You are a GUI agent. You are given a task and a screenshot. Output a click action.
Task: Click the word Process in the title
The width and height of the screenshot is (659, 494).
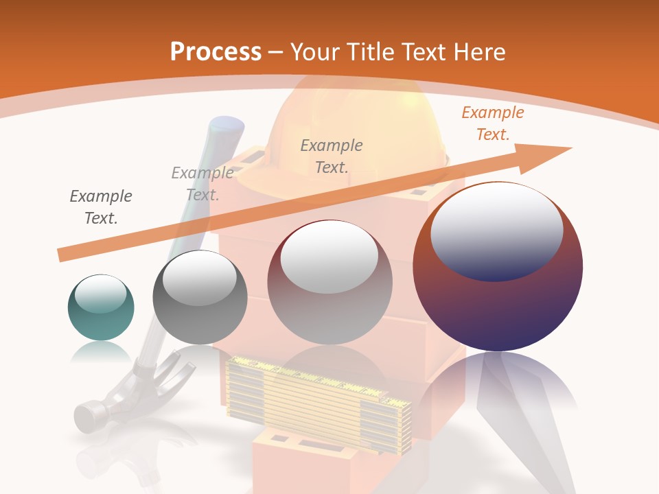click(216, 52)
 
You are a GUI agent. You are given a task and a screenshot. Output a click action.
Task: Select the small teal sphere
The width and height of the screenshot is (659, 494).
click(101, 307)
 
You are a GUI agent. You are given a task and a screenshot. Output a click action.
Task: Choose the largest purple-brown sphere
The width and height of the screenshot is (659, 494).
click(498, 268)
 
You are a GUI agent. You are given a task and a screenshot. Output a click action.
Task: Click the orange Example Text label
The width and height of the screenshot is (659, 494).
click(492, 123)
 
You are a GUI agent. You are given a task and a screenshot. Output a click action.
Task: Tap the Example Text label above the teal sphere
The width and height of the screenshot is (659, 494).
click(101, 207)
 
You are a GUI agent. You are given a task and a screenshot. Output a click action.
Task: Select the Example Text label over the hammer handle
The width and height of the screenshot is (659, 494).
click(202, 184)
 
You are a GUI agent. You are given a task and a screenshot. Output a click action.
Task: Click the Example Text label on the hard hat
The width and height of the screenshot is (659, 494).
click(332, 156)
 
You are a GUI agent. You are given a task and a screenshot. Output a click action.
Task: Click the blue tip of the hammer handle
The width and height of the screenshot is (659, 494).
click(227, 128)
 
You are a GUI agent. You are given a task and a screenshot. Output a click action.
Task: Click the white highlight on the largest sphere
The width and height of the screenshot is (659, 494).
click(496, 231)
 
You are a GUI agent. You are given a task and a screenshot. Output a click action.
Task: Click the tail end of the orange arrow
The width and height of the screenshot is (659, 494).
click(63, 254)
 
